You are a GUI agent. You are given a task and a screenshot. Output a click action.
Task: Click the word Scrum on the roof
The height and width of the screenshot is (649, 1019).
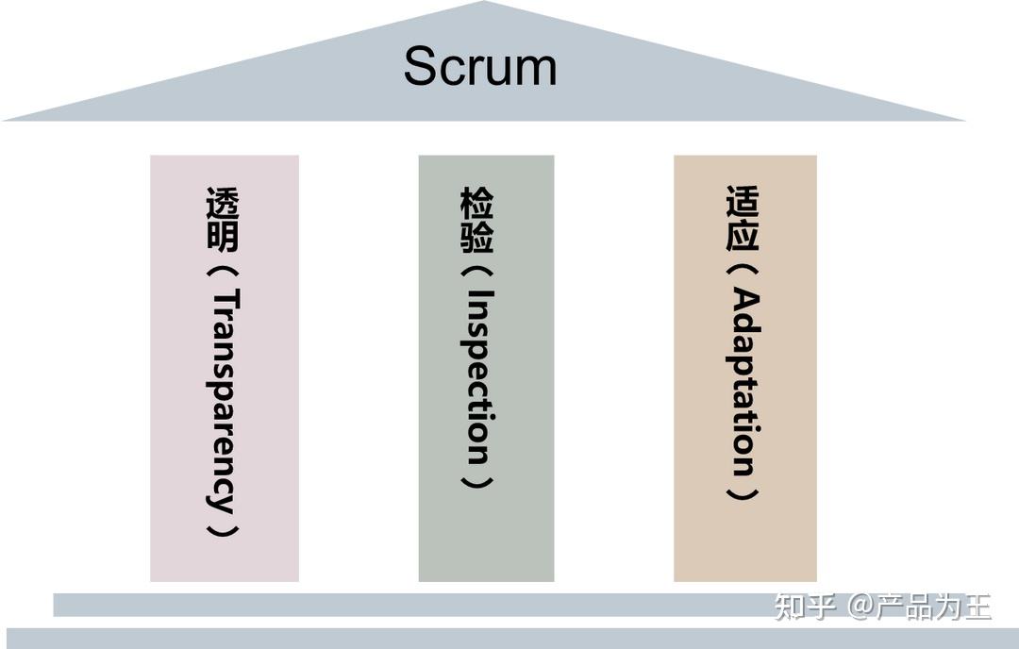click(480, 67)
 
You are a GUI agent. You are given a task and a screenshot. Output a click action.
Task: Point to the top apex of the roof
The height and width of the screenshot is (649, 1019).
click(484, 4)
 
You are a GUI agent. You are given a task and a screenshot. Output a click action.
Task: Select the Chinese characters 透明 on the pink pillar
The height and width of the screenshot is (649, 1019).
click(223, 220)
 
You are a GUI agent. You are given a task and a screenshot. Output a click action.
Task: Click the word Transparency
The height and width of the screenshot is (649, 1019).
click(223, 400)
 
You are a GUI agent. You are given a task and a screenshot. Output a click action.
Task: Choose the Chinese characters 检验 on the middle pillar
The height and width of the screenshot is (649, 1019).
click(477, 220)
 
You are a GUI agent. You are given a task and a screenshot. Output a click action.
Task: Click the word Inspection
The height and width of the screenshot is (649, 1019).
click(477, 375)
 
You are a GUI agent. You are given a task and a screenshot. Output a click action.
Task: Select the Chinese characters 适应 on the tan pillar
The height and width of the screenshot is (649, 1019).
click(743, 218)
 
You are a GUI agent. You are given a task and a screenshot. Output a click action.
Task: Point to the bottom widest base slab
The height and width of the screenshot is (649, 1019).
click(509, 639)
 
